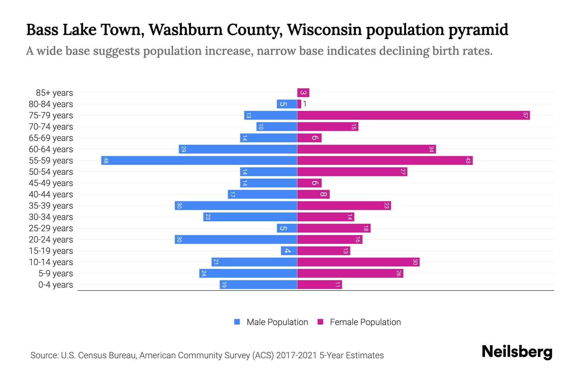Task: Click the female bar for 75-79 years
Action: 413,115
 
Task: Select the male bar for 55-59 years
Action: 199,161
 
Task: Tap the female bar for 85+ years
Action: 303,93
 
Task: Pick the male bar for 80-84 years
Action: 287,104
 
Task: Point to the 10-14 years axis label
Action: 51,262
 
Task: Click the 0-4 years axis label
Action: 55,285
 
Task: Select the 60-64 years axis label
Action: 51,149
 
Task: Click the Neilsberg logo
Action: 517,352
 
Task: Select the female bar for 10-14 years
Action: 358,262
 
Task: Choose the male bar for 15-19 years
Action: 289,251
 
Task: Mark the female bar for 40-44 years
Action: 313,194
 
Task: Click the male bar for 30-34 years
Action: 250,217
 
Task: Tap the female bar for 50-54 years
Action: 352,172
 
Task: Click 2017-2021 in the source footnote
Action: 296,355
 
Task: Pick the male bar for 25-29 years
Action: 287,228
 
